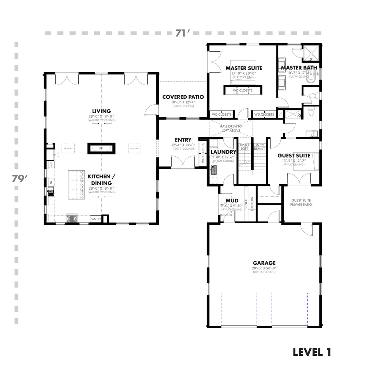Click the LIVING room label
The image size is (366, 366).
click(101, 111)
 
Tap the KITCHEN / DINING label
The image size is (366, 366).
click(101, 180)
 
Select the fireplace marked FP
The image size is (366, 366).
click(101, 148)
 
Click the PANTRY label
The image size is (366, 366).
click(95, 219)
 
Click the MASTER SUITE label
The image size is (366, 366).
click(244, 68)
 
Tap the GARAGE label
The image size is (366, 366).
click(264, 263)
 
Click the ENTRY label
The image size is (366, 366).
click(183, 140)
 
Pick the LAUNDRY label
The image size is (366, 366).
click(223, 152)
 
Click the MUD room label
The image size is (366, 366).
click(232, 201)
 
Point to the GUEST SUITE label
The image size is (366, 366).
click(294, 155)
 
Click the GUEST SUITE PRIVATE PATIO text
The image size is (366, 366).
click(301, 203)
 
